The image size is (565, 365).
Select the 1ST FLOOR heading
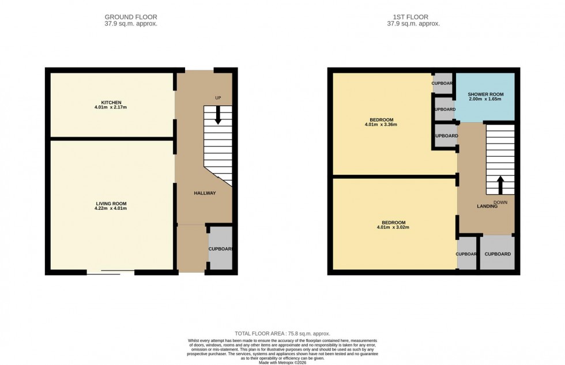coord(413,17)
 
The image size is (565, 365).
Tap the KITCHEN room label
coord(110,103)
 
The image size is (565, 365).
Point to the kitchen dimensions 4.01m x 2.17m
coord(110,108)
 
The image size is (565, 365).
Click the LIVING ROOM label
coord(111,204)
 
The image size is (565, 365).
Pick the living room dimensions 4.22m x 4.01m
coord(111,209)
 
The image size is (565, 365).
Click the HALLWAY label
coord(204,193)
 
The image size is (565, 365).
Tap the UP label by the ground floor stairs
coord(218,98)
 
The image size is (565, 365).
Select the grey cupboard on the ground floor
coord(220,249)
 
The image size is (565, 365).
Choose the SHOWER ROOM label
coord(485,94)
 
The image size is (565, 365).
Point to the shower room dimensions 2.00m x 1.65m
coord(485,99)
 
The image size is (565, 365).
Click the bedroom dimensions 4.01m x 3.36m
coord(381,125)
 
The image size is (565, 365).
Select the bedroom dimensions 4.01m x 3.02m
coord(393,228)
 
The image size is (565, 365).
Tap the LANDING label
coord(487,206)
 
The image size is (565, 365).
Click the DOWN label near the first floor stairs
coord(500,202)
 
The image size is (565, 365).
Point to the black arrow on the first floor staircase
coord(500,185)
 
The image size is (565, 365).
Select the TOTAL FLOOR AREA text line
coord(282,334)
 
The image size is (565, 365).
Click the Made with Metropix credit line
coord(282,362)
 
